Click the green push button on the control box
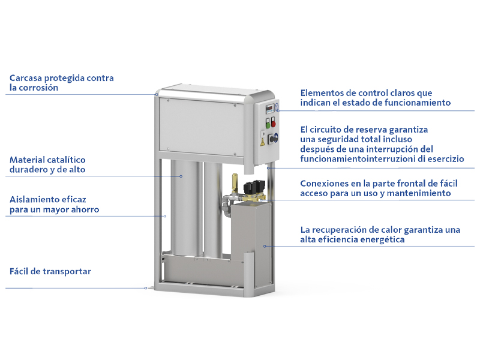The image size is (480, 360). (x=268, y=124)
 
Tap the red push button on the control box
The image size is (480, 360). (x=274, y=123)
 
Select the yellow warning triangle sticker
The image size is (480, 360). (x=262, y=142)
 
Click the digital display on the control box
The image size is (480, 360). (x=269, y=108)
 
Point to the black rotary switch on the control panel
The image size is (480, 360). (x=273, y=139)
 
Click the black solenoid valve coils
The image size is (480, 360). (x=254, y=187)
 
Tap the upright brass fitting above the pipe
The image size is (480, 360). (x=235, y=183)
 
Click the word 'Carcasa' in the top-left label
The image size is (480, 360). (x=26, y=78)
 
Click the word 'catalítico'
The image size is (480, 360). (x=67, y=160)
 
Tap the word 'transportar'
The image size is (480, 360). (x=67, y=272)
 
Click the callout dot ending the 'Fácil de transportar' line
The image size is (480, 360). (x=146, y=288)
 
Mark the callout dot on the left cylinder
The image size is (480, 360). (x=181, y=176)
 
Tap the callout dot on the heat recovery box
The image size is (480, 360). (x=265, y=246)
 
